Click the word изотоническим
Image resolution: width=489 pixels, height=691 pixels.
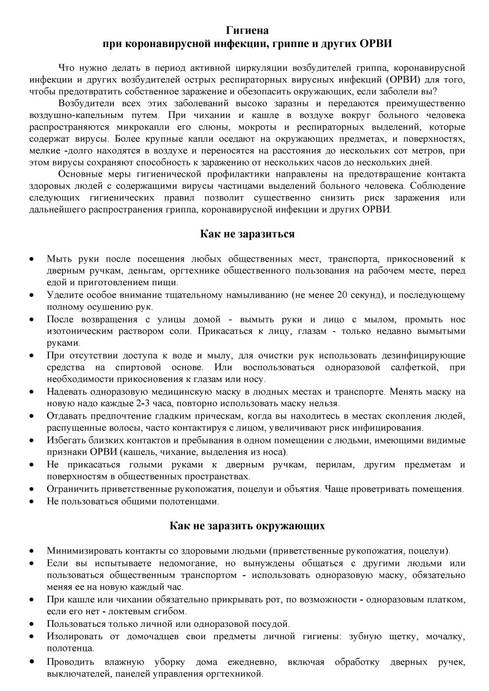pos(77,331)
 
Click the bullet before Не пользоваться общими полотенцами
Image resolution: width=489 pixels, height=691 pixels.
pos(32,501)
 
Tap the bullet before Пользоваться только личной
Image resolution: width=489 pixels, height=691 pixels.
pos(32,624)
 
